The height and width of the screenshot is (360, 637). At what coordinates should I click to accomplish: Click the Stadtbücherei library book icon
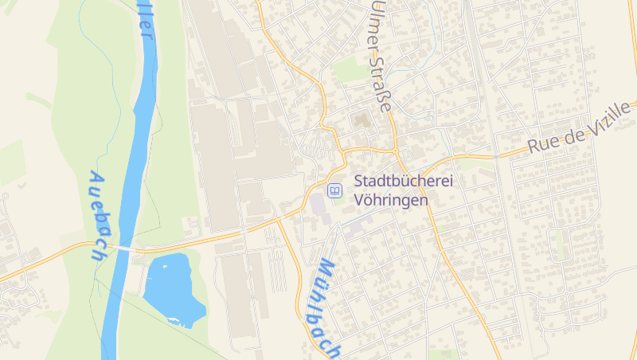click(335, 190)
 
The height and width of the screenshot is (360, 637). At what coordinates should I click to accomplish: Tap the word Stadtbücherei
click(403, 182)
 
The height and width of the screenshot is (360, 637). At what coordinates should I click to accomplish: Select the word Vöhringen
click(391, 201)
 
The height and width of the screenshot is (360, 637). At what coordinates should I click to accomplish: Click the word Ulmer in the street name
click(371, 29)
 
